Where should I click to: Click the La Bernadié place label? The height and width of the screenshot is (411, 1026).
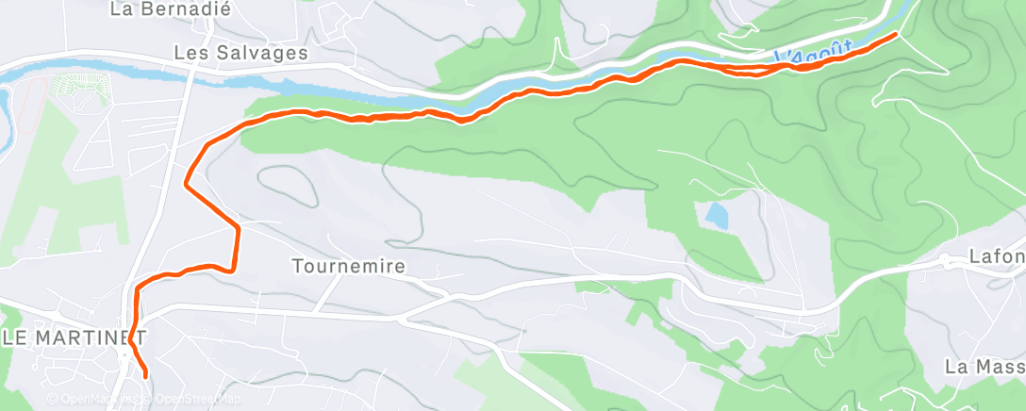coord(170,9)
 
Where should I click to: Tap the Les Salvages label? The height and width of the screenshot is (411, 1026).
coord(241,53)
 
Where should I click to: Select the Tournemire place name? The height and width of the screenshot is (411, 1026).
coord(349,267)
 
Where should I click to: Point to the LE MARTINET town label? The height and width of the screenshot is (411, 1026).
coord(74,337)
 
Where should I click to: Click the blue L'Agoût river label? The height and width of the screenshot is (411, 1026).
coord(814,56)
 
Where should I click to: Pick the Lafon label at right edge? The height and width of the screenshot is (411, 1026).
coord(997,256)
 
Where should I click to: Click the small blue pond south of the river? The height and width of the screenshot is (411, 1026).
coord(717,217)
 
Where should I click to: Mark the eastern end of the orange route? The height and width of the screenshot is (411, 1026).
coord(895,34)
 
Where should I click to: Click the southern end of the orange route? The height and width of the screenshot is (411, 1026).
coord(146,375)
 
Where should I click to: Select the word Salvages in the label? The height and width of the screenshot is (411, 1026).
coord(260,53)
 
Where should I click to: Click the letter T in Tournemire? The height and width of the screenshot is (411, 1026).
coord(298,267)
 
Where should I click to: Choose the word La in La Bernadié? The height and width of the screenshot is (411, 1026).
coord(121,9)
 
